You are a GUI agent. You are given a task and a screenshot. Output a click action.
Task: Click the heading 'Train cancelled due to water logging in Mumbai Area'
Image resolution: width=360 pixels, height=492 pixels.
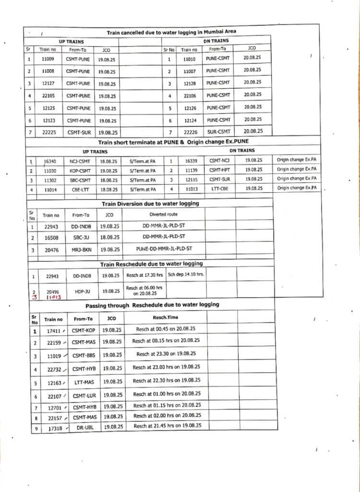click(171, 32)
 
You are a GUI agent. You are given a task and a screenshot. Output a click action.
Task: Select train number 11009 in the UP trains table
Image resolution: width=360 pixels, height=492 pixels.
click(48, 59)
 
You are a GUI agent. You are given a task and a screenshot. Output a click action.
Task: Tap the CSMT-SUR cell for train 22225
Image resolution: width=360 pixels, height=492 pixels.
click(78, 132)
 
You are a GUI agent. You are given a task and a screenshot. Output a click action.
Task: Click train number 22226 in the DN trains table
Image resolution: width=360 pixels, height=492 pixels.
click(190, 132)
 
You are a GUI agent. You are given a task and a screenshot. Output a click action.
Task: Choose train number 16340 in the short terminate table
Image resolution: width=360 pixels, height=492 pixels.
click(50, 161)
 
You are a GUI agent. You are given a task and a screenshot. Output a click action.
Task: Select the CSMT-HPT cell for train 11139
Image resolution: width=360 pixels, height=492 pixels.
click(219, 170)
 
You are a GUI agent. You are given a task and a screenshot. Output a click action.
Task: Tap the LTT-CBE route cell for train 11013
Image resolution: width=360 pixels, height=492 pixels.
click(219, 188)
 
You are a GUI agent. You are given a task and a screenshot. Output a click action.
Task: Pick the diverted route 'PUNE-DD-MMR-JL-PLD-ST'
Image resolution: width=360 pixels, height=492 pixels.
click(164, 249)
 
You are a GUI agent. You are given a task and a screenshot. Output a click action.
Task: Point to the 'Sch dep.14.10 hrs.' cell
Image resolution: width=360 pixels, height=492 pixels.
click(186, 275)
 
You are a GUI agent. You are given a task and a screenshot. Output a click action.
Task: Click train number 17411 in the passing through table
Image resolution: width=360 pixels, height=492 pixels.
click(53, 331)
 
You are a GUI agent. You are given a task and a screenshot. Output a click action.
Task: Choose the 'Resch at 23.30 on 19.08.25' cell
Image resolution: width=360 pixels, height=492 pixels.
click(166, 354)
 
